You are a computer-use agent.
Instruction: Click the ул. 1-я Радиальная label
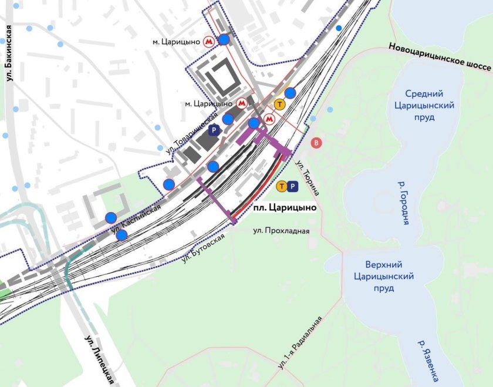pyautogui.click(x=300, y=342)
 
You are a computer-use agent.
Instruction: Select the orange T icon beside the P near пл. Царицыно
pyautogui.click(x=282, y=187)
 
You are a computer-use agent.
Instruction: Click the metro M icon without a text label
pyautogui.click(x=269, y=119)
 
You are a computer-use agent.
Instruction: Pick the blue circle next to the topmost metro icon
pyautogui.click(x=224, y=40)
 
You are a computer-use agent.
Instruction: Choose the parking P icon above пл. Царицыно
pyautogui.click(x=294, y=187)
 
